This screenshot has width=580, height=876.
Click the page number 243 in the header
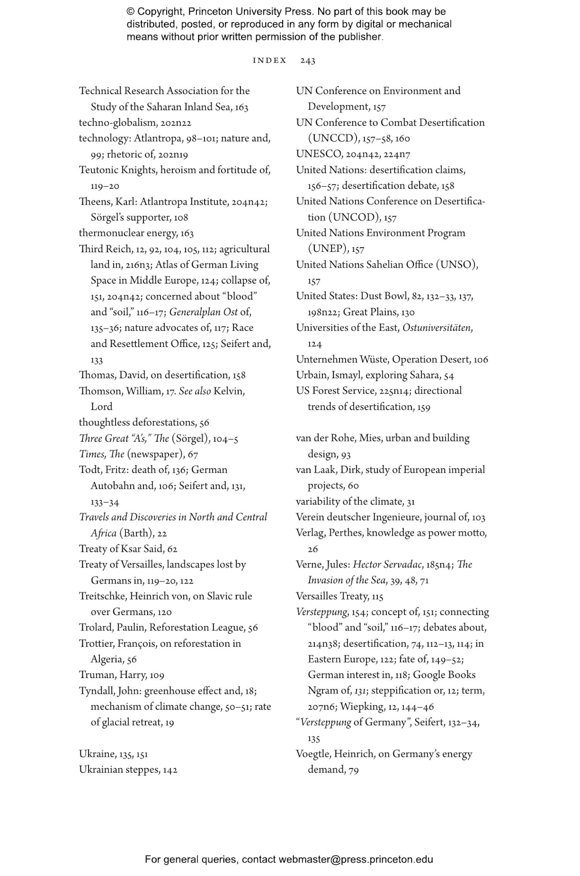click(x=307, y=61)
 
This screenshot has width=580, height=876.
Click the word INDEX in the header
click(x=270, y=61)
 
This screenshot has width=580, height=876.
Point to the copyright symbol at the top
click(x=130, y=12)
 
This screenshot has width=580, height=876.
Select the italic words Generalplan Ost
click(x=203, y=312)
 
